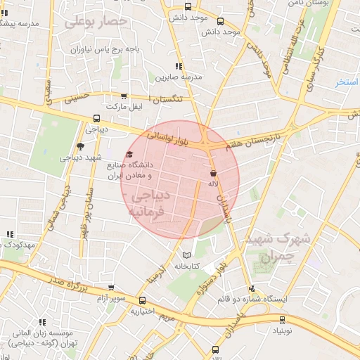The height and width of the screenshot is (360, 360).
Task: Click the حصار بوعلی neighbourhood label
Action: pos(96,21)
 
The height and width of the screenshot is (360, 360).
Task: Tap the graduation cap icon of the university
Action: pos(129,155)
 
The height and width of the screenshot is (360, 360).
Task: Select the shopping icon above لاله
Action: pos(213,172)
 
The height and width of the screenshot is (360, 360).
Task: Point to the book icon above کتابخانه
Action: pos(186,255)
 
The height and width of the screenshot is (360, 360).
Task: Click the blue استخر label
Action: pos(347,83)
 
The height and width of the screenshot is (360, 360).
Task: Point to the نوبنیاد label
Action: pos(274,329)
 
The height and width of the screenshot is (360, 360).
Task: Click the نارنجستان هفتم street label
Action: pos(252,141)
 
